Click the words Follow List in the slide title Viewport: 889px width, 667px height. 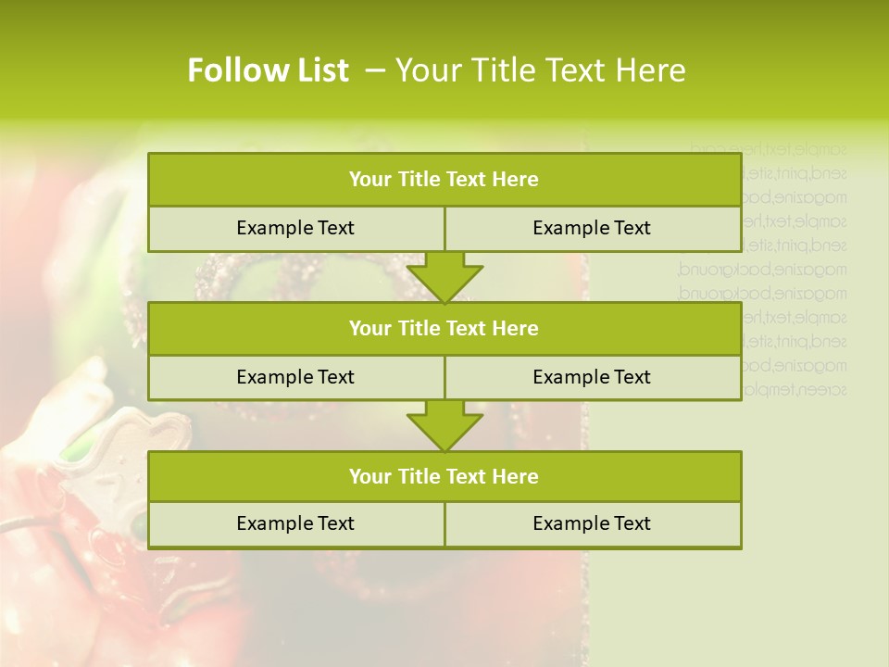(268, 70)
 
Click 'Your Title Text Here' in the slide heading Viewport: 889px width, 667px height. (541, 70)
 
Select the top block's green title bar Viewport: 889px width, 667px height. (444, 180)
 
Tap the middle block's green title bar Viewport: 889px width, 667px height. (444, 328)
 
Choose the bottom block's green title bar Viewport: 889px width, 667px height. (444, 476)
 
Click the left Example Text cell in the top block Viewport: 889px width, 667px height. (295, 228)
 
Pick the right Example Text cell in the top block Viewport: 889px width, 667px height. (592, 228)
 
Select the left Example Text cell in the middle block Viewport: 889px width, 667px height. (295, 377)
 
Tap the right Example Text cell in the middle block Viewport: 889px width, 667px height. (592, 377)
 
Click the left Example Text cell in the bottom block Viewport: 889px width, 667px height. (295, 523)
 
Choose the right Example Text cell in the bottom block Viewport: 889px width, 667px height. (592, 523)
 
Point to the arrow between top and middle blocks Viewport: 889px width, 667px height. (444, 277)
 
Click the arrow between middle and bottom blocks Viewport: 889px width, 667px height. (444, 425)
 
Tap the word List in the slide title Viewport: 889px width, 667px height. (320, 70)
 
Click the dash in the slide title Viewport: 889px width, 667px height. (376, 70)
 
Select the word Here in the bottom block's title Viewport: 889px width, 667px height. (516, 476)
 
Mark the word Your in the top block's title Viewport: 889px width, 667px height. (370, 180)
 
